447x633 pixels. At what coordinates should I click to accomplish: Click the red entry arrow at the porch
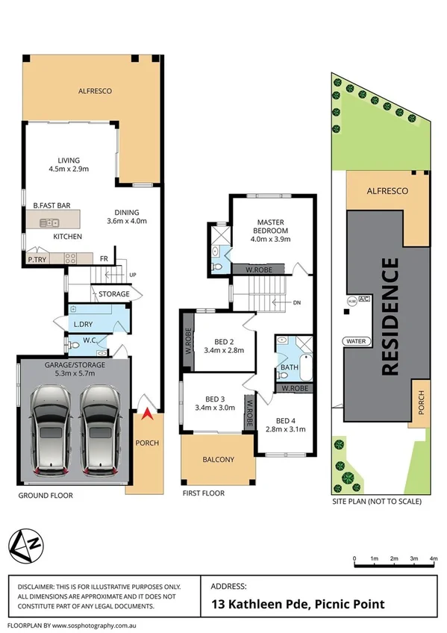(x=148, y=416)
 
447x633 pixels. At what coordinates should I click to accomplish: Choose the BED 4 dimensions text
(x=287, y=428)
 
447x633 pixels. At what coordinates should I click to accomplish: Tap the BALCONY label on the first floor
(x=218, y=459)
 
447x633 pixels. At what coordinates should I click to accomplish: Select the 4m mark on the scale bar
(x=434, y=558)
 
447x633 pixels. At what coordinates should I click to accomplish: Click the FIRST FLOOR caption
(x=203, y=493)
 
